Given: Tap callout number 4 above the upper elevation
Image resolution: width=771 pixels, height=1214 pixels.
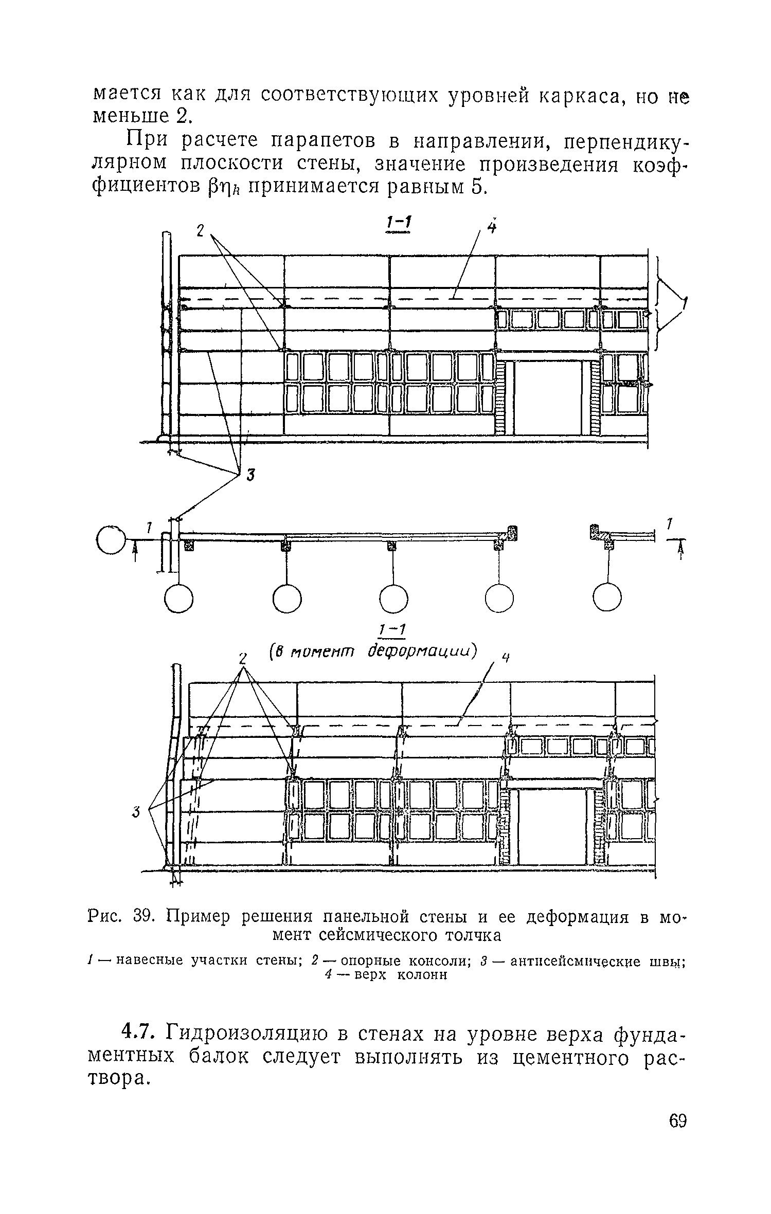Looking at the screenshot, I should point(492,227).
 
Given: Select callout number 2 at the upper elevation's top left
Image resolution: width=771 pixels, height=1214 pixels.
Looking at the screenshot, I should point(201,231).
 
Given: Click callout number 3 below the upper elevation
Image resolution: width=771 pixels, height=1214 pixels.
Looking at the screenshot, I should point(250,476).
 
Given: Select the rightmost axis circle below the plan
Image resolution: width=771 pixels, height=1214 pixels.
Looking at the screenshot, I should point(607,598).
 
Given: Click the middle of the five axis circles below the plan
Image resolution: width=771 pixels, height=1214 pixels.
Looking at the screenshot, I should point(393,598).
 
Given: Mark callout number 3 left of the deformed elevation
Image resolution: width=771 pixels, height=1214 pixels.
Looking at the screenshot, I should point(136,812).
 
